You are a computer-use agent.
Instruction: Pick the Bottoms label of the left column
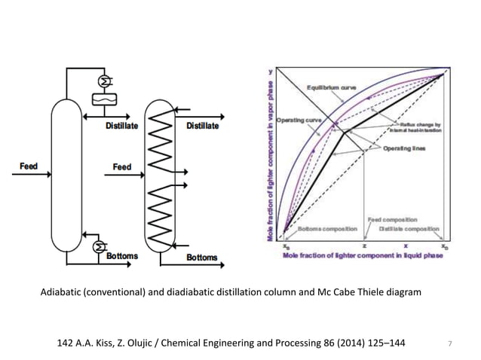(x=121, y=256)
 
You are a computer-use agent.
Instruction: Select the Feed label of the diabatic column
(x=121, y=166)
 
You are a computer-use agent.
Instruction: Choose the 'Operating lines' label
(x=404, y=148)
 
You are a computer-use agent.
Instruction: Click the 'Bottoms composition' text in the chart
(x=323, y=228)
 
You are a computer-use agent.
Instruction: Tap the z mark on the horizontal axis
(x=365, y=246)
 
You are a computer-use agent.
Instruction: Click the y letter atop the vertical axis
(x=271, y=72)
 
